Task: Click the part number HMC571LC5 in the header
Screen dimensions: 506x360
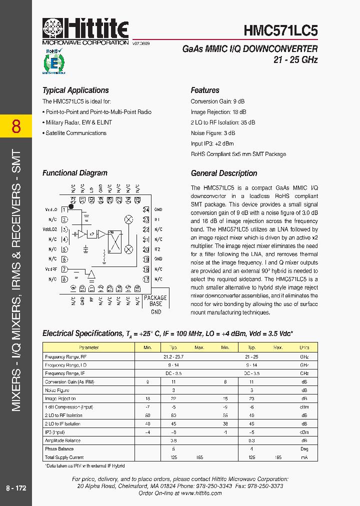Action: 280,30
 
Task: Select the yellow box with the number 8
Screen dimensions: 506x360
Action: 16,126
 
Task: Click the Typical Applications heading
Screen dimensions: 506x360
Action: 75,90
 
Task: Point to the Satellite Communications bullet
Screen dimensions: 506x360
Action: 75,133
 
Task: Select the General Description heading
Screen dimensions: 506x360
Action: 223,173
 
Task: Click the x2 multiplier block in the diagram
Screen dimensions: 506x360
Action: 92,233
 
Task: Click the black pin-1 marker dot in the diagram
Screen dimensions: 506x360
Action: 71,205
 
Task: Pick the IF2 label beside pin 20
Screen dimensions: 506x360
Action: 157,249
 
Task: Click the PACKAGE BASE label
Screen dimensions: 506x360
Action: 155,300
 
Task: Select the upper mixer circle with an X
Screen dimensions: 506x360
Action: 128,219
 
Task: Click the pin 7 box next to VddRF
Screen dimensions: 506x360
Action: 64,268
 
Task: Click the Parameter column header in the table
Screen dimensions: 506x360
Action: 89,347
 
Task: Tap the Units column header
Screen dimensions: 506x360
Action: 304,347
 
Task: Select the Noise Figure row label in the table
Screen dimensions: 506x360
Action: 57,390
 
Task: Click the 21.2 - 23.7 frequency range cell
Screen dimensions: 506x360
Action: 173,356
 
